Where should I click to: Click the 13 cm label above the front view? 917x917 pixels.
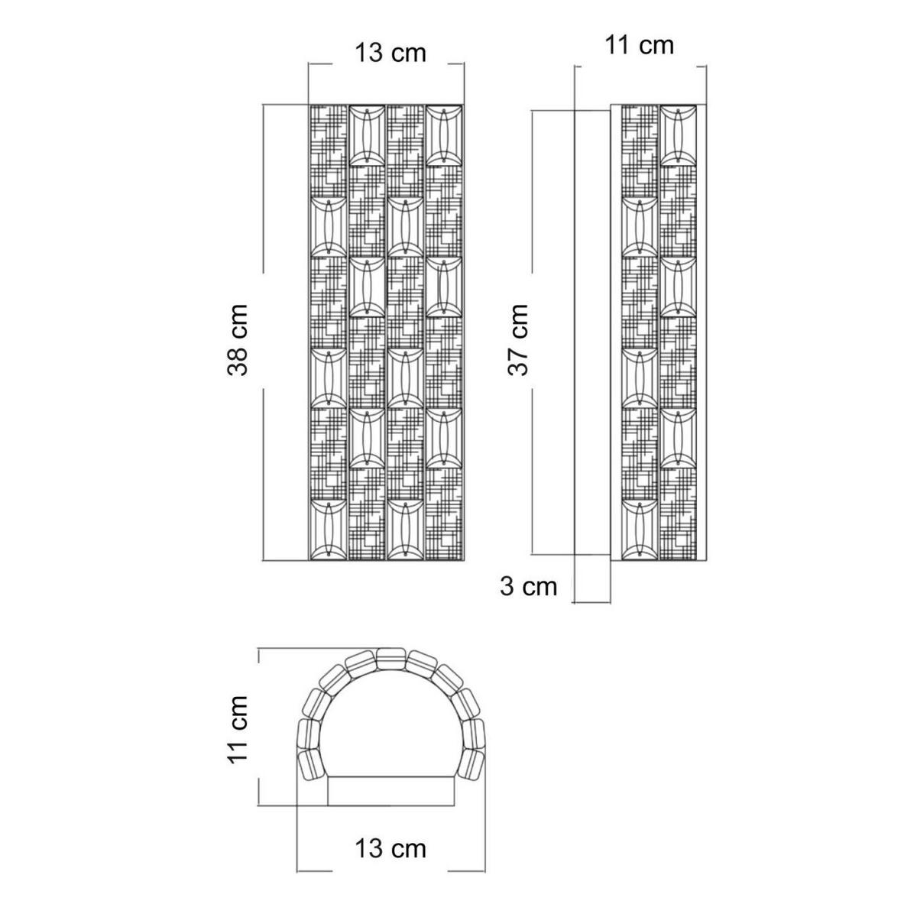tap(390, 53)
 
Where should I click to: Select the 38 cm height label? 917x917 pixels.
tap(238, 340)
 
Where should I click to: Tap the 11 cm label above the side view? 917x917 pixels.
tap(639, 46)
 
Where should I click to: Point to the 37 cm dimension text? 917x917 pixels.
tap(518, 340)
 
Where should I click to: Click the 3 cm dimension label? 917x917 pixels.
tap(528, 586)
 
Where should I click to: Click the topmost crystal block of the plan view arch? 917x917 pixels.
tap(390, 659)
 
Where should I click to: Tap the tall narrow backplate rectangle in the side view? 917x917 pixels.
tap(592, 332)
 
